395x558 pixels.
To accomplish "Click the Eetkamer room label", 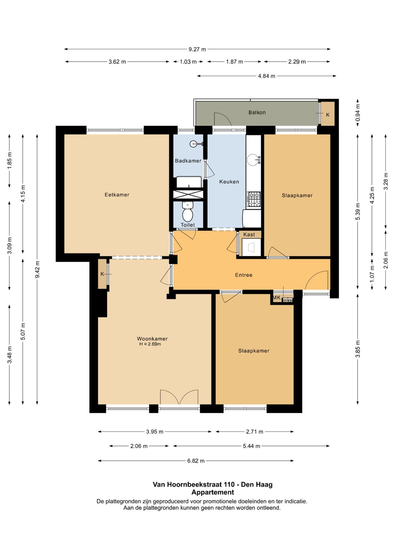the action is click(117, 194).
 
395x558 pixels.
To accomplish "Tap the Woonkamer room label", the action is click(152, 338).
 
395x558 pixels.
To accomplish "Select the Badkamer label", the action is click(188, 161).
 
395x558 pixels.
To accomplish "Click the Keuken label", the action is click(229, 182).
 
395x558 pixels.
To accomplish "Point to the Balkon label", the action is click(257, 112).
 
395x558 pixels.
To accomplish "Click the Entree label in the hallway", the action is click(244, 275).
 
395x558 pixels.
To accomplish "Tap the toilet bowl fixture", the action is click(188, 212).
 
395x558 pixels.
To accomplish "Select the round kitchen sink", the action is click(253, 160).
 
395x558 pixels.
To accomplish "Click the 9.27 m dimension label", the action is click(197, 49).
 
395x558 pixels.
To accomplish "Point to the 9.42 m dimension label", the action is click(37, 269).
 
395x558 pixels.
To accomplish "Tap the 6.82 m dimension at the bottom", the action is click(196, 461).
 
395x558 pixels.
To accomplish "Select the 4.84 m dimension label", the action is click(266, 76).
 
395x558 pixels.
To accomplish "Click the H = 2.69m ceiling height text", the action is click(150, 344).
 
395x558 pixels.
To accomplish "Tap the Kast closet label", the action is click(249, 234).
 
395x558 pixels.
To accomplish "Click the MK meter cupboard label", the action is click(276, 297).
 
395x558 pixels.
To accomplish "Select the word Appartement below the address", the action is click(213, 492).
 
